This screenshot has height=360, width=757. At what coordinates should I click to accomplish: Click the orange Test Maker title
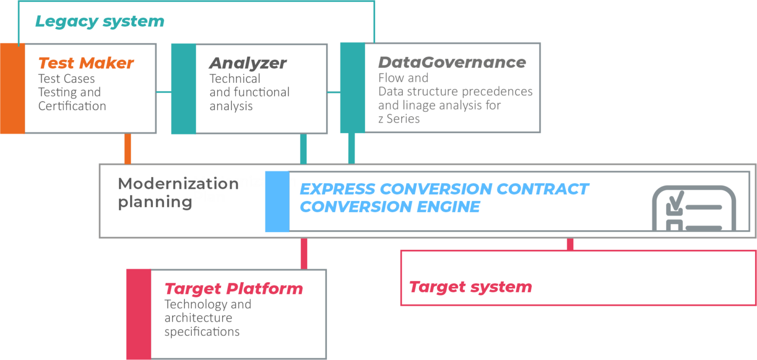click(86, 63)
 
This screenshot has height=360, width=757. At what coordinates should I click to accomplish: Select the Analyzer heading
click(248, 63)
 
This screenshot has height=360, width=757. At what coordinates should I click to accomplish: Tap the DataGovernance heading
click(452, 63)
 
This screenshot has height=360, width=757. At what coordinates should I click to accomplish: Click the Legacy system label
click(99, 22)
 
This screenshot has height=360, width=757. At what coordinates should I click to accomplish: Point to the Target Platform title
click(234, 289)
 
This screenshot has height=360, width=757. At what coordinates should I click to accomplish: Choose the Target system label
click(470, 287)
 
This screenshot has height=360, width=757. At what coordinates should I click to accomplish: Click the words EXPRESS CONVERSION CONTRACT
click(444, 189)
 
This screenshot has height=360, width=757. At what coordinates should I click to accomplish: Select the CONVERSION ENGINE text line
click(390, 207)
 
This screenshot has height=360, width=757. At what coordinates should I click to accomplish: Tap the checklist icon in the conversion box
click(694, 208)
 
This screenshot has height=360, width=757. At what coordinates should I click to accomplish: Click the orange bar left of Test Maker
click(12, 88)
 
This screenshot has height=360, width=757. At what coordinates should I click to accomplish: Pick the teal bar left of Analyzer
click(183, 89)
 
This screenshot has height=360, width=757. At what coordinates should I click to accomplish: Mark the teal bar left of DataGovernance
click(352, 87)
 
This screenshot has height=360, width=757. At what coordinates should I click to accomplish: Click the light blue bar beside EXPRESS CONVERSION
click(277, 201)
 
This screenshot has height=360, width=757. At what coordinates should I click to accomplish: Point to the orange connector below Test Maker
click(128, 148)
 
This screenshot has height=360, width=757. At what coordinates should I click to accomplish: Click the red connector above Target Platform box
click(304, 253)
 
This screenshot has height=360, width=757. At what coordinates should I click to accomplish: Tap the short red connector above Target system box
click(570, 244)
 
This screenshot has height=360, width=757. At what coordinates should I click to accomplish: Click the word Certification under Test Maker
click(72, 106)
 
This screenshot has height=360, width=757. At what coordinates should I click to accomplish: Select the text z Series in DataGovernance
click(399, 119)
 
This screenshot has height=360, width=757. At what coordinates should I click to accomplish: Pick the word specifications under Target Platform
click(202, 332)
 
